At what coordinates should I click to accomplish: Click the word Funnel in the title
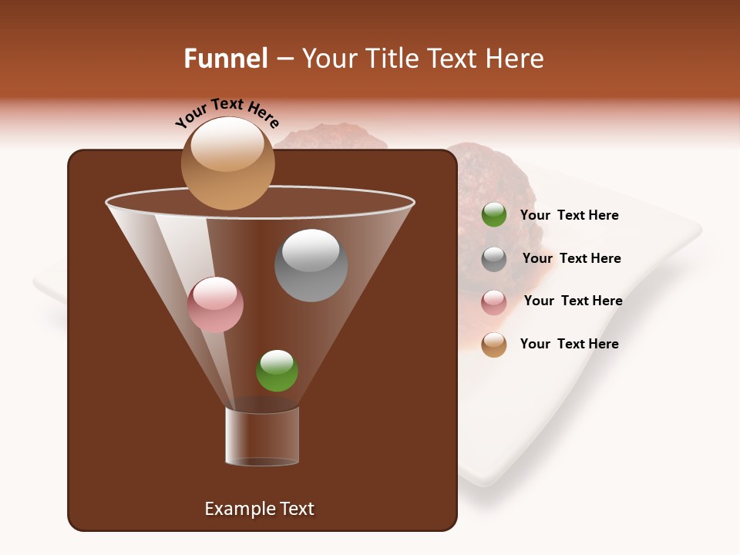pos(226,59)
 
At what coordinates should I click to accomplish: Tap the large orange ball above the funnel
pos(228,163)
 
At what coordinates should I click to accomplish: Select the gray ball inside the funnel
pos(311,266)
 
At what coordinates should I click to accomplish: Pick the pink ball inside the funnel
pos(215,304)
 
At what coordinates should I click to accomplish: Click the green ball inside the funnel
pos(277,371)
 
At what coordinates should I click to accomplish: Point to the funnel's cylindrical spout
pos(262,436)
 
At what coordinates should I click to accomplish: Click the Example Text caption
pos(259,509)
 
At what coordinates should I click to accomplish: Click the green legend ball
pos(494,215)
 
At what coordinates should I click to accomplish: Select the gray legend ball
pos(494,259)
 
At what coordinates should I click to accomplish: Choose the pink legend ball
pos(494,302)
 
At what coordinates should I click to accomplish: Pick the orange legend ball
pos(494,345)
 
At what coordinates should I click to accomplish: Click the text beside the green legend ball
pos(569,216)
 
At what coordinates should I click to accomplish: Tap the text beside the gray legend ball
pos(571,259)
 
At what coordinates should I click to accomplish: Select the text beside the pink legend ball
pos(573,301)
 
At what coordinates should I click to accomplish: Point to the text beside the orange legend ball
pos(569,345)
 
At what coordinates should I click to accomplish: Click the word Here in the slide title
pos(515,59)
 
